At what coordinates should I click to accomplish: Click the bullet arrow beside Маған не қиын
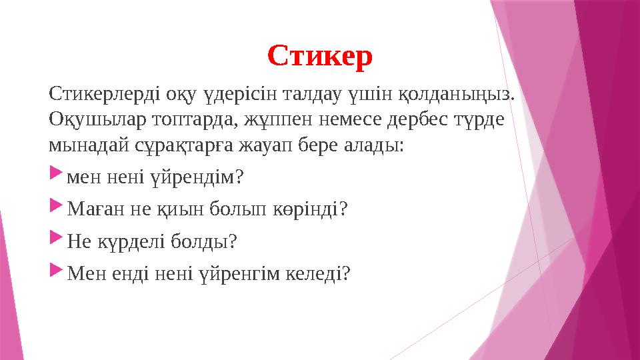(55, 209)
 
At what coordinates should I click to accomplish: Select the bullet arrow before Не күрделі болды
(55, 241)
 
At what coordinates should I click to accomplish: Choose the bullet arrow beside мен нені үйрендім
(55, 177)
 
